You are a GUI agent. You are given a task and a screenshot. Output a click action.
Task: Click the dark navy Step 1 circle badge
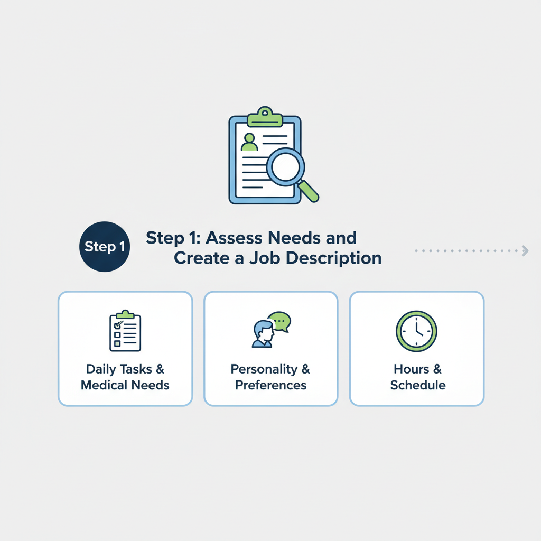point(105,247)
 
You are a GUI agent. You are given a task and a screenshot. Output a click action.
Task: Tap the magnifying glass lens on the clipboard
point(285,167)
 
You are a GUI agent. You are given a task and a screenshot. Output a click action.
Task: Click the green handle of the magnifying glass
point(309,191)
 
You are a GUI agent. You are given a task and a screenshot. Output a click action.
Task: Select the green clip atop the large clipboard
point(265,117)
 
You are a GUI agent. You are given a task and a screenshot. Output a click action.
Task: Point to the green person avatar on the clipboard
point(249,142)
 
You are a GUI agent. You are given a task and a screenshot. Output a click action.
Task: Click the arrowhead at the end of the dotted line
point(525,251)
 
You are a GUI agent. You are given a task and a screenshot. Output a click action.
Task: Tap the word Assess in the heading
point(234,238)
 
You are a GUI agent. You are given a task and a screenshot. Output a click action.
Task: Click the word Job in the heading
point(265,258)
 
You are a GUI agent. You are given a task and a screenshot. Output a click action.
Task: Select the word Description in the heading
point(334,258)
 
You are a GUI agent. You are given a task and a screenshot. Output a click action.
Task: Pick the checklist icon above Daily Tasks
point(125,331)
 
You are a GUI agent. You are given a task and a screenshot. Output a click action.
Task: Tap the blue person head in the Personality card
point(264,331)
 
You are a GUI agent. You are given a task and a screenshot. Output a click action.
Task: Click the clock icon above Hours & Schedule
point(416,331)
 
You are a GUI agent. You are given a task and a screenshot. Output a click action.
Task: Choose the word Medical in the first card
point(104,385)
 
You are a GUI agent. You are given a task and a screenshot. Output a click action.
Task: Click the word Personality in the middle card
point(264,369)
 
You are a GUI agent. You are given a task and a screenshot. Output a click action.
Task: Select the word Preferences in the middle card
point(271,385)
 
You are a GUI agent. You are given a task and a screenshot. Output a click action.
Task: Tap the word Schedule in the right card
point(418,385)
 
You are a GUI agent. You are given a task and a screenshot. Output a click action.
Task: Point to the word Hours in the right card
point(411,369)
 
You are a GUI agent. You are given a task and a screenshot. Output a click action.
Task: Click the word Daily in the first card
point(101,369)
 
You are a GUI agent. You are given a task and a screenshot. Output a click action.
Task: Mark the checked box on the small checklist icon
point(118,325)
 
